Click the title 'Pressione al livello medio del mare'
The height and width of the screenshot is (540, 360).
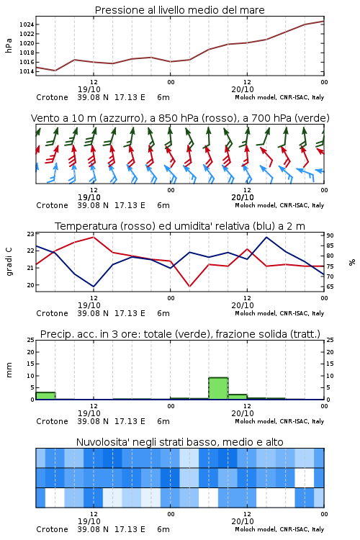179,10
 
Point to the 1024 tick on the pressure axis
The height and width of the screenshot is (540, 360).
27,24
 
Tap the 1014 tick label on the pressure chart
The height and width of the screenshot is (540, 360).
27,71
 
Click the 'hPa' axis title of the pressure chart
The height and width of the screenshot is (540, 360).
9,45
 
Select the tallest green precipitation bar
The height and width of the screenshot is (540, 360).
218,389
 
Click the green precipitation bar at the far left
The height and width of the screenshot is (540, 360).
45,396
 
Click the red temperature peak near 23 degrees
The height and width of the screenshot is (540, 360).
94,237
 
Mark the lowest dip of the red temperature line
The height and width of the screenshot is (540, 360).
189,287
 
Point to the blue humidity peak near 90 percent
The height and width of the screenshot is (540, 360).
266,237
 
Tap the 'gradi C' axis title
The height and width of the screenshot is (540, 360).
9,261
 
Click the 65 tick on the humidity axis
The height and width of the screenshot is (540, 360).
330,287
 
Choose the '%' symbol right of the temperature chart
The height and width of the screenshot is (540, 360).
352,262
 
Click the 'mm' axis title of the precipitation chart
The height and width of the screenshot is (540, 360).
9,370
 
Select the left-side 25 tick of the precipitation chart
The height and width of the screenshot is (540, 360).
31,340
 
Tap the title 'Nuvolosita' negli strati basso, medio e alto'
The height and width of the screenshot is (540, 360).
179,442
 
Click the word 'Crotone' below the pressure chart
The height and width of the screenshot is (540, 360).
52,97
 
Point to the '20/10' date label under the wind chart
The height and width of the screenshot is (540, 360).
243,198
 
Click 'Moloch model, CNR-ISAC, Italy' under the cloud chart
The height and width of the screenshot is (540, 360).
279,529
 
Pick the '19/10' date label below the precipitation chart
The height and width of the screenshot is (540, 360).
89,413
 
